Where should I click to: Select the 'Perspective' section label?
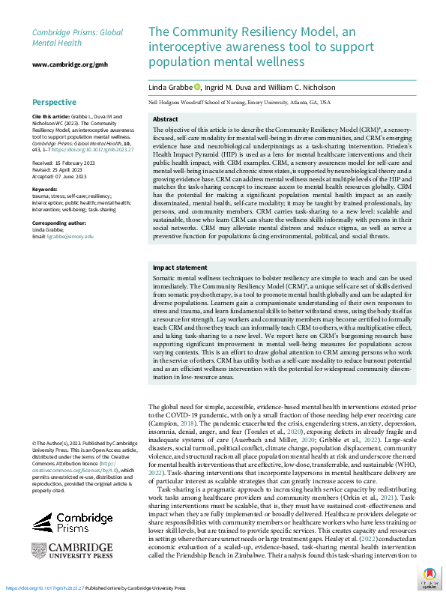pyautogui.click(x=54, y=102)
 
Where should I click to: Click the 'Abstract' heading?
pyautogui.click(x=165, y=120)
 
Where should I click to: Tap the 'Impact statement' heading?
pyautogui.click(x=180, y=268)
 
